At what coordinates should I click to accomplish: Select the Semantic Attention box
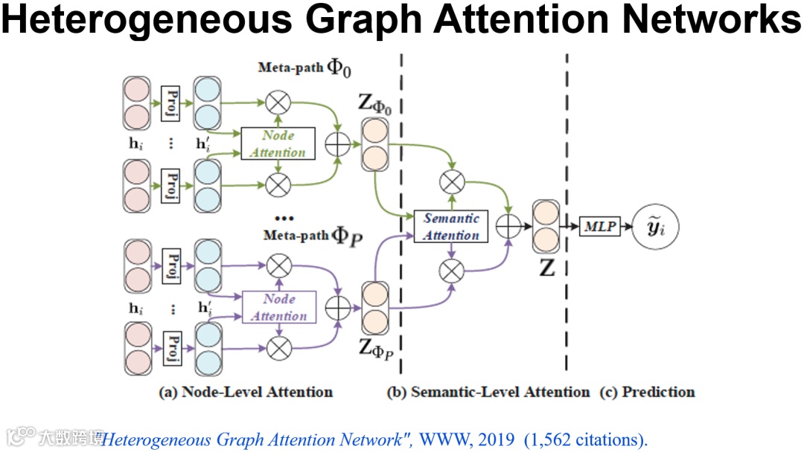[451, 227]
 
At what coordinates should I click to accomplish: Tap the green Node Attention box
[278, 143]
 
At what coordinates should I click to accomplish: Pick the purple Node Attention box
[279, 307]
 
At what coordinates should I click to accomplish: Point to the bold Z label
[547, 268]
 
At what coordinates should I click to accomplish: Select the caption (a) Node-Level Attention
[246, 392]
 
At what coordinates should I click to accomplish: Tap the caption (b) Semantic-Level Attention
[488, 392]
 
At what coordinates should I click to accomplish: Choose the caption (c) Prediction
[647, 392]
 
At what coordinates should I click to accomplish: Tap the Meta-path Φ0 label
[304, 68]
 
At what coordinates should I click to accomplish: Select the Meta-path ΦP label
[313, 236]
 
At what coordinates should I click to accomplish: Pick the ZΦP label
[376, 349]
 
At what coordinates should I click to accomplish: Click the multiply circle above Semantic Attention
[451, 181]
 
